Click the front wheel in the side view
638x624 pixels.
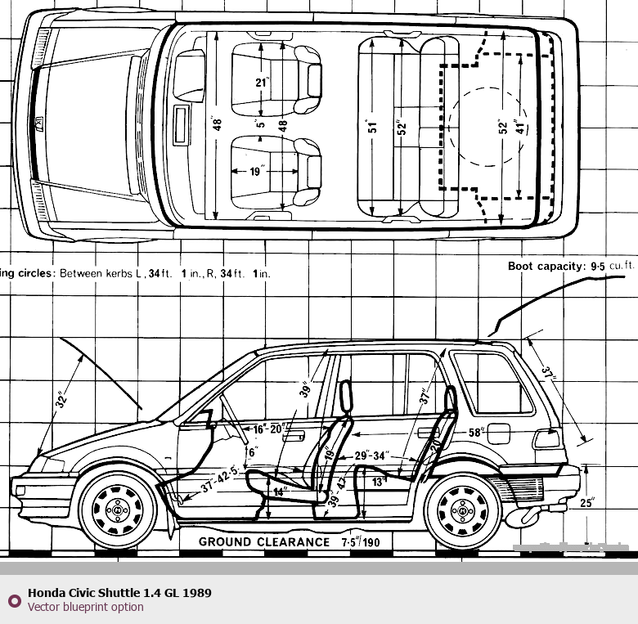[118, 510]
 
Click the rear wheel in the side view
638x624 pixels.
[465, 510]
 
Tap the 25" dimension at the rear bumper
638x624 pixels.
[586, 503]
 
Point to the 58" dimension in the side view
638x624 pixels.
[477, 431]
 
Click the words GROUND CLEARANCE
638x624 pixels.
[263, 541]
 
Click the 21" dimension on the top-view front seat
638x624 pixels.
[261, 83]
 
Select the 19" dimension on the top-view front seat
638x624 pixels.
[257, 172]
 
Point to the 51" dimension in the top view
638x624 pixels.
[373, 128]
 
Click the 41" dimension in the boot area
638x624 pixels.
[517, 128]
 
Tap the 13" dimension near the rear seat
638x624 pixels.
[377, 483]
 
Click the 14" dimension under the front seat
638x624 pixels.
[281, 492]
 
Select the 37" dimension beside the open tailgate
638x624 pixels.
[547, 375]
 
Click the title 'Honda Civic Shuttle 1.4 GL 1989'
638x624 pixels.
[119, 592]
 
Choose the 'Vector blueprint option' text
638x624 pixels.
[85, 607]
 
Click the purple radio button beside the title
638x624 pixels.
[13, 600]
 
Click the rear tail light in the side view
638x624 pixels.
[546, 438]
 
